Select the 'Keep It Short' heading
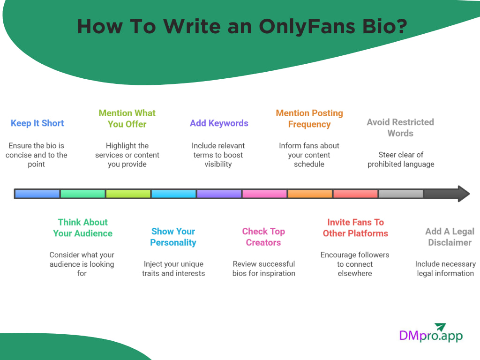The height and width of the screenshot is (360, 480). (37, 123)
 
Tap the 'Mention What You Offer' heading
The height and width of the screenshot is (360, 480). (127, 119)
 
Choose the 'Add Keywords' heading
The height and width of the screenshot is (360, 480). (219, 123)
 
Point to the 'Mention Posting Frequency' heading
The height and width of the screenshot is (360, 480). (309, 119)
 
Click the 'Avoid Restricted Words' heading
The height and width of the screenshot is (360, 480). (400, 127)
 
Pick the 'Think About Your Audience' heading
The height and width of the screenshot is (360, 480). (83, 228)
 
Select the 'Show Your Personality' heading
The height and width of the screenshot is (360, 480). (173, 237)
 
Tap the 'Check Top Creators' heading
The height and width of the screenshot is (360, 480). (263, 237)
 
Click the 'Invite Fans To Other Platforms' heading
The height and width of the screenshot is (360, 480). (355, 228)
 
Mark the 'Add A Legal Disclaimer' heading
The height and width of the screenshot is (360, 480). (450, 237)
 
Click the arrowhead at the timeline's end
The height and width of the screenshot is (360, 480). (463, 194)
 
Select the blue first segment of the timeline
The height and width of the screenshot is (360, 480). (37, 194)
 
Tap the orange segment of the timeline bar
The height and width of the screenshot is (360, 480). (309, 194)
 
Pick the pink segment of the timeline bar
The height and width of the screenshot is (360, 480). (264, 194)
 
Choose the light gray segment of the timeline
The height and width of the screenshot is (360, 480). (401, 194)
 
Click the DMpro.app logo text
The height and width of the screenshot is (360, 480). (430, 336)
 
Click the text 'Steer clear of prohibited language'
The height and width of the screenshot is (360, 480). (401, 159)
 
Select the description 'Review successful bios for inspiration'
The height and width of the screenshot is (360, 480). (264, 269)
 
